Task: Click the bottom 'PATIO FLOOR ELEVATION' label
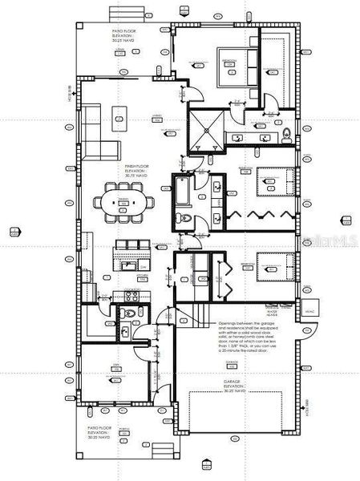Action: click(x=102, y=432)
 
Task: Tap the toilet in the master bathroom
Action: click(x=286, y=134)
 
